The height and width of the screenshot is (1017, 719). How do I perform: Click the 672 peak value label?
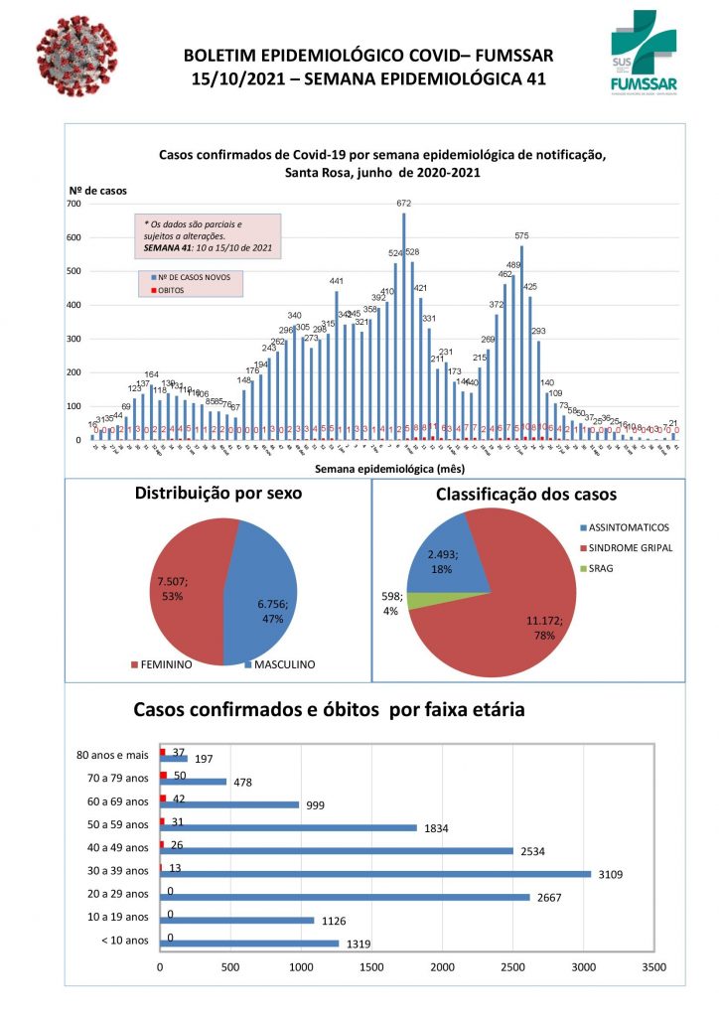pyautogui.click(x=404, y=204)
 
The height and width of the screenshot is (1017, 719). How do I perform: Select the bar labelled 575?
pyautogui.click(x=521, y=343)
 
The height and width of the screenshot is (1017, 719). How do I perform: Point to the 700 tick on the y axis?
pyautogui.click(x=74, y=204)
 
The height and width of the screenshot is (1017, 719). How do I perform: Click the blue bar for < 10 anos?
pyautogui.click(x=249, y=943)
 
